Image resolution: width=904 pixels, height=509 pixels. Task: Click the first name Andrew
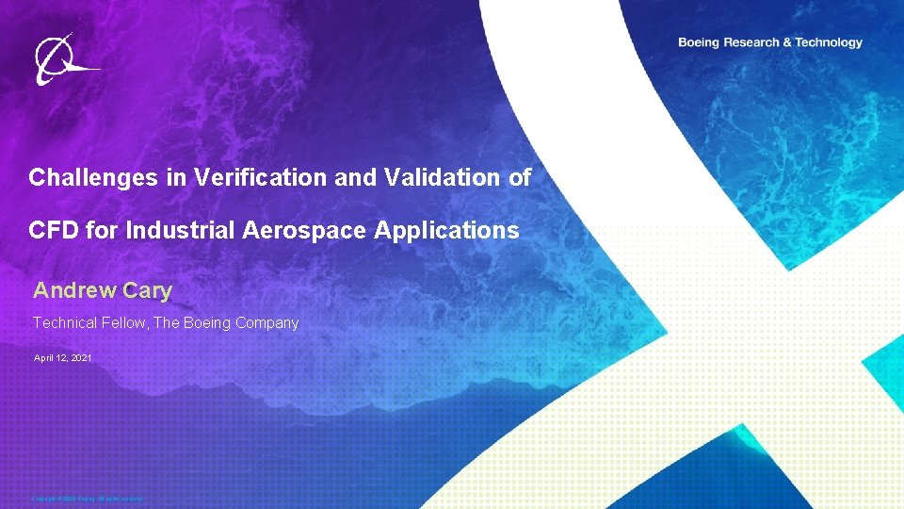pos(74,291)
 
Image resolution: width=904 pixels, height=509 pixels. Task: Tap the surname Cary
pos(147,291)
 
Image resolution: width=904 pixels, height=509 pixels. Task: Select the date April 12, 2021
pos(62,358)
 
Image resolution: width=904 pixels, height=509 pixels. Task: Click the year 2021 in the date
pos(80,358)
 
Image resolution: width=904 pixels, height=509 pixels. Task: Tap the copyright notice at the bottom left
pos(87,499)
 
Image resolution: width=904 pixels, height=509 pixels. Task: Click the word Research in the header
pos(756,42)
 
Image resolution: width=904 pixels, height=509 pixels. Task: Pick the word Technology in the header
pos(828,42)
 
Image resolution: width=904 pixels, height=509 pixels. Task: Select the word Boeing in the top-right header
pos(700,42)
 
